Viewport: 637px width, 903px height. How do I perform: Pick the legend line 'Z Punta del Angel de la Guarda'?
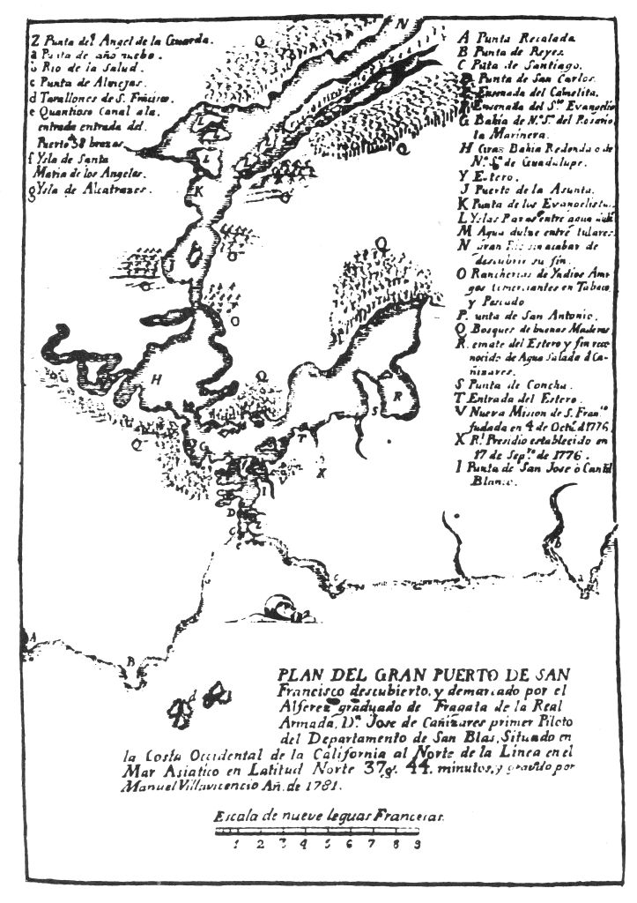pos(119,40)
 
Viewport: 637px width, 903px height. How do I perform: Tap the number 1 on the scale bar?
pos(236,844)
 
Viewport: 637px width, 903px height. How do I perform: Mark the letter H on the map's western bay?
pos(156,379)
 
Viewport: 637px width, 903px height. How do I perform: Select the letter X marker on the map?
pos(322,473)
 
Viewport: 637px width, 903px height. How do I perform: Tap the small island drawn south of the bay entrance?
pos(280,608)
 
